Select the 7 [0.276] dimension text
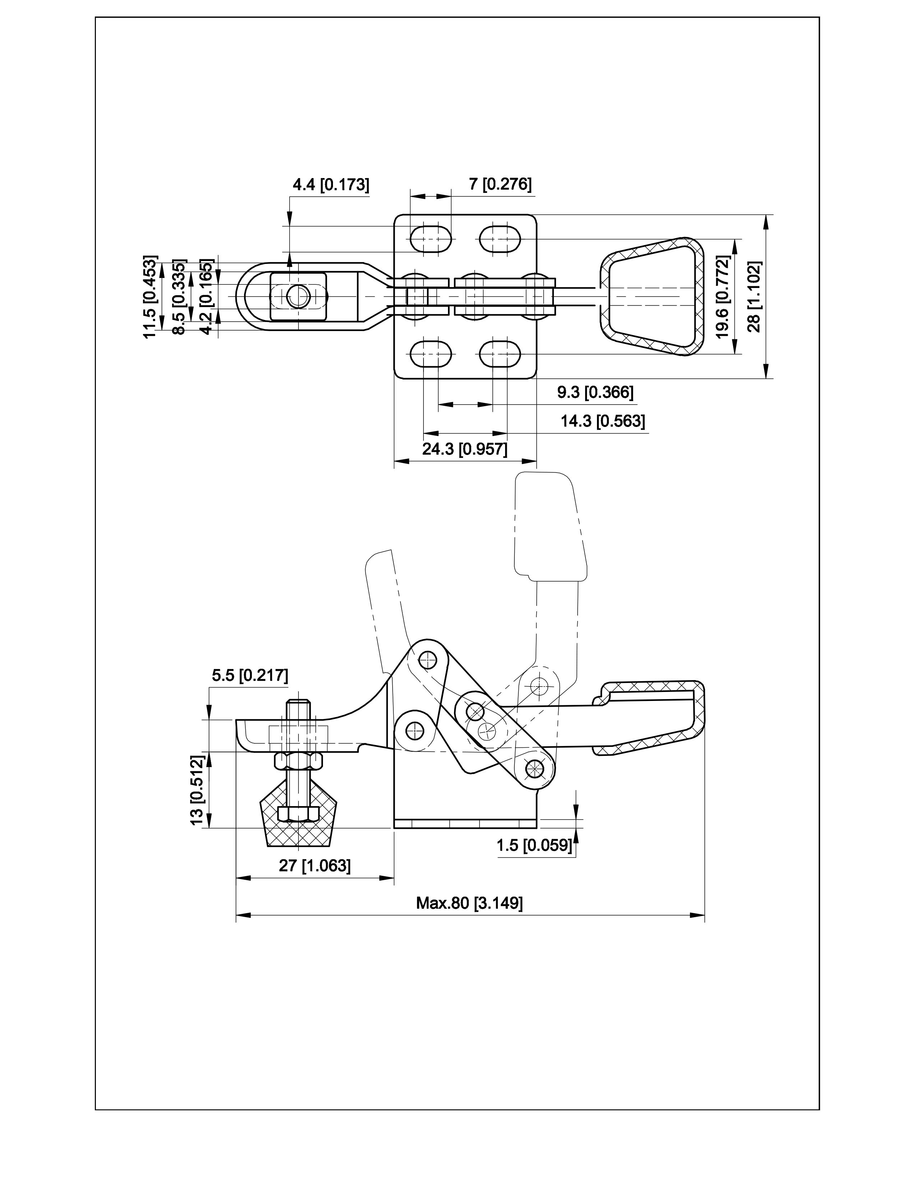(x=500, y=184)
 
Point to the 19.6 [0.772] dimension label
(x=722, y=296)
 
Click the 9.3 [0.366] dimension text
(x=595, y=392)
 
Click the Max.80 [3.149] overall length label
(x=469, y=903)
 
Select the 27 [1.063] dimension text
(x=315, y=865)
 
